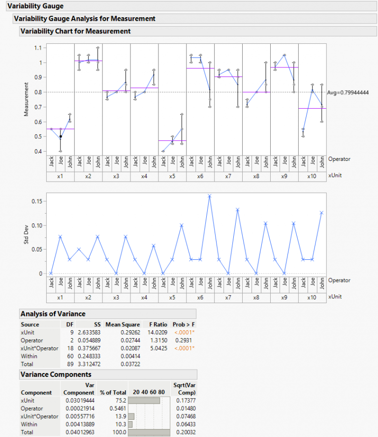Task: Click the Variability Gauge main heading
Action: pyautogui.click(x=35, y=6)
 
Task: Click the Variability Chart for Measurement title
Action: pyautogui.click(x=75, y=31)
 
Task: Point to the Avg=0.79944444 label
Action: pyautogui.click(x=348, y=92)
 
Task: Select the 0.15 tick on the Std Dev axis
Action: pyautogui.click(x=36, y=201)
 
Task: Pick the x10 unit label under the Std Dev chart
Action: pyautogui.click(x=312, y=298)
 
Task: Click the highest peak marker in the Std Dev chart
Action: pyautogui.click(x=209, y=196)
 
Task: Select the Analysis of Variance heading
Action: pyautogui.click(x=53, y=314)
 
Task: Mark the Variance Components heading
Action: pyautogui.click(x=55, y=375)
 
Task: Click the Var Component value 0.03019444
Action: pyautogui.click(x=79, y=401)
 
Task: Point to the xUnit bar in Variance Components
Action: pyautogui.click(x=144, y=401)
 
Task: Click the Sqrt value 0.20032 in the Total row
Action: pyautogui.click(x=186, y=432)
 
